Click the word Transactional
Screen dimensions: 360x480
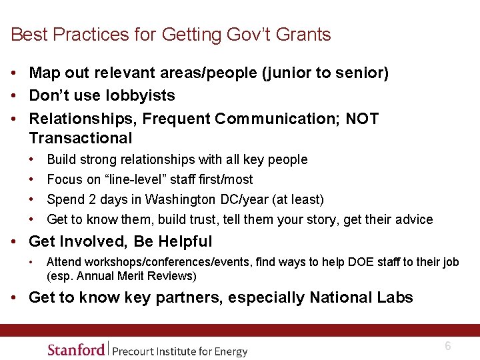tap(81, 138)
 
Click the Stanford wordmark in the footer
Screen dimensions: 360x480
tap(76, 349)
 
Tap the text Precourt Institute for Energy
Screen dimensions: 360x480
tap(179, 351)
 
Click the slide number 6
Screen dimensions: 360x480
tap(448, 346)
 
